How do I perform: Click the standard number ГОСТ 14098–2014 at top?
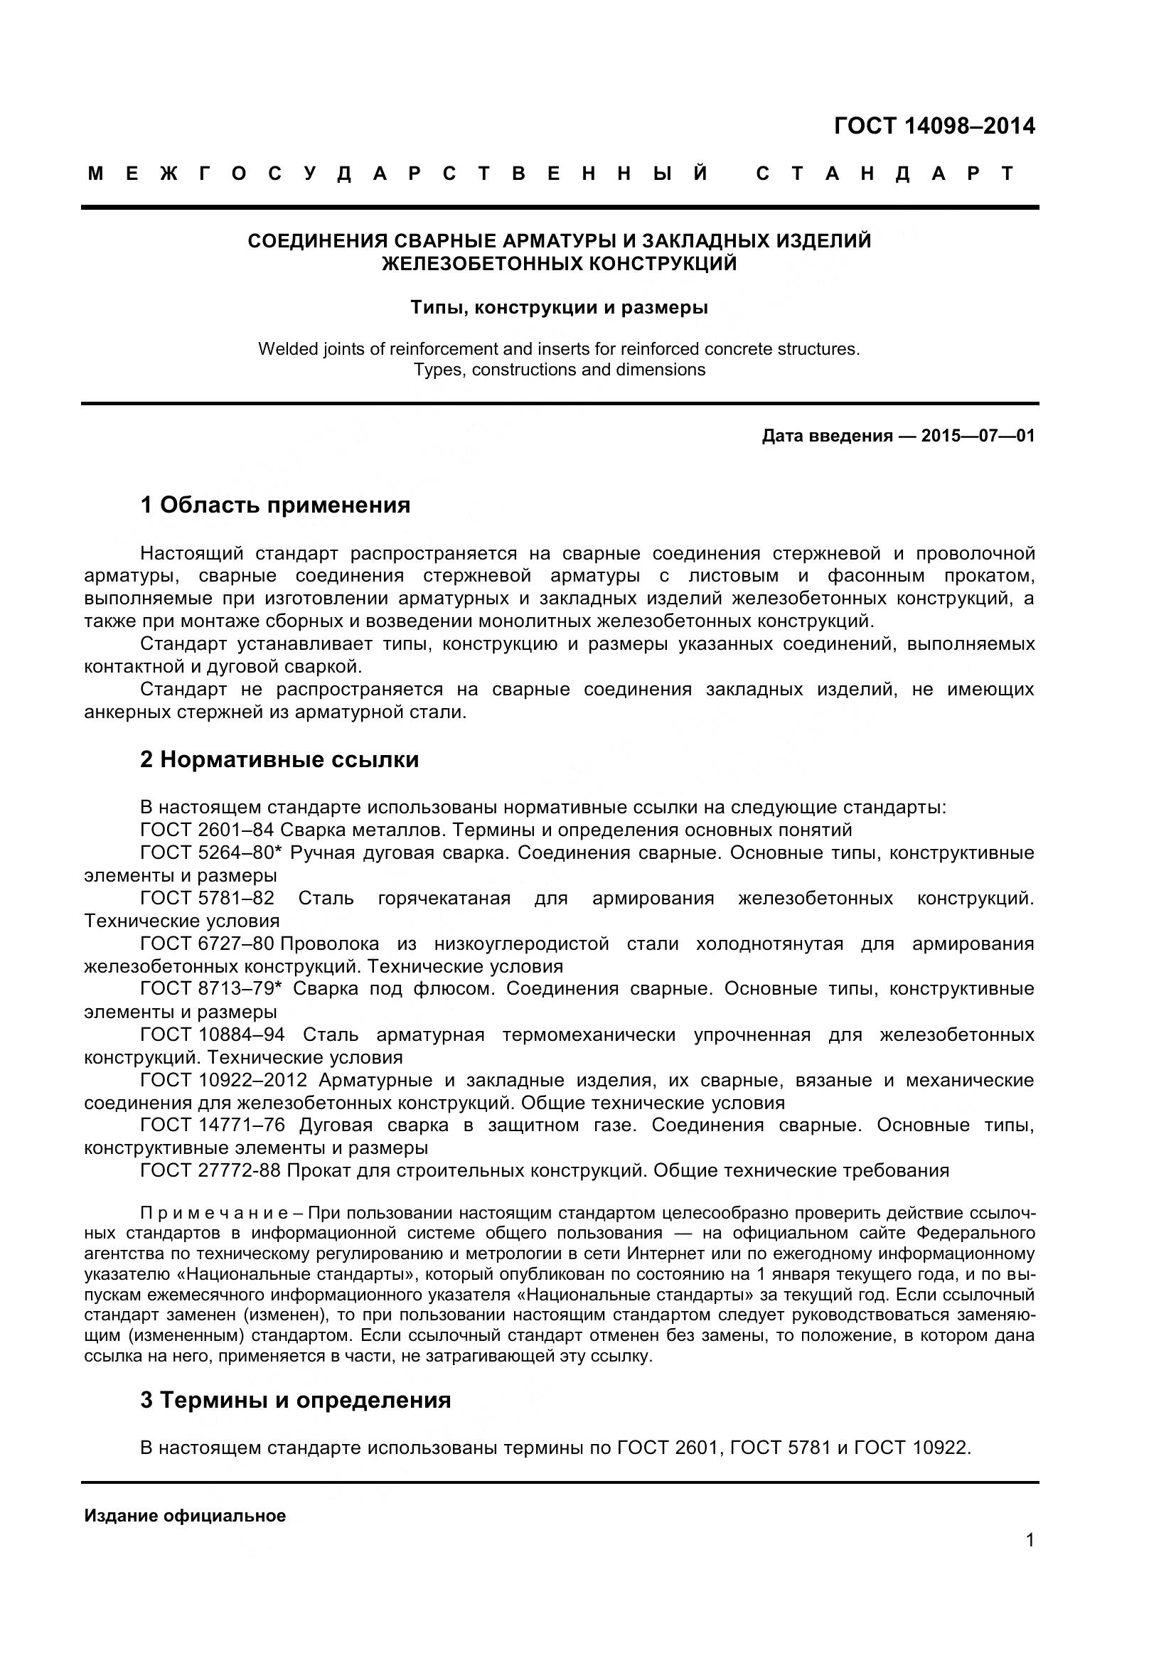tap(934, 127)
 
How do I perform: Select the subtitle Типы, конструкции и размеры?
tap(559, 308)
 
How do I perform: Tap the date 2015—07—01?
tap(978, 436)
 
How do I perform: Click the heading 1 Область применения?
tap(275, 505)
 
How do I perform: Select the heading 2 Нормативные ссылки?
tap(279, 760)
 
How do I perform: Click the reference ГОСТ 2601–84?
tap(207, 830)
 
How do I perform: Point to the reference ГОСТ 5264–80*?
tap(210, 853)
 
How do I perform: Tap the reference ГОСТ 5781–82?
tap(207, 898)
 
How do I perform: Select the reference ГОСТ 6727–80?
tap(207, 943)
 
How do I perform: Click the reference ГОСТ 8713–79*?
tap(210, 989)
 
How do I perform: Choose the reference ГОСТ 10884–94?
tap(212, 1034)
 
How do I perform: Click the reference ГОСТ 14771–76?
tap(212, 1125)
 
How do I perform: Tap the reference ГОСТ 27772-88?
tap(210, 1170)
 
